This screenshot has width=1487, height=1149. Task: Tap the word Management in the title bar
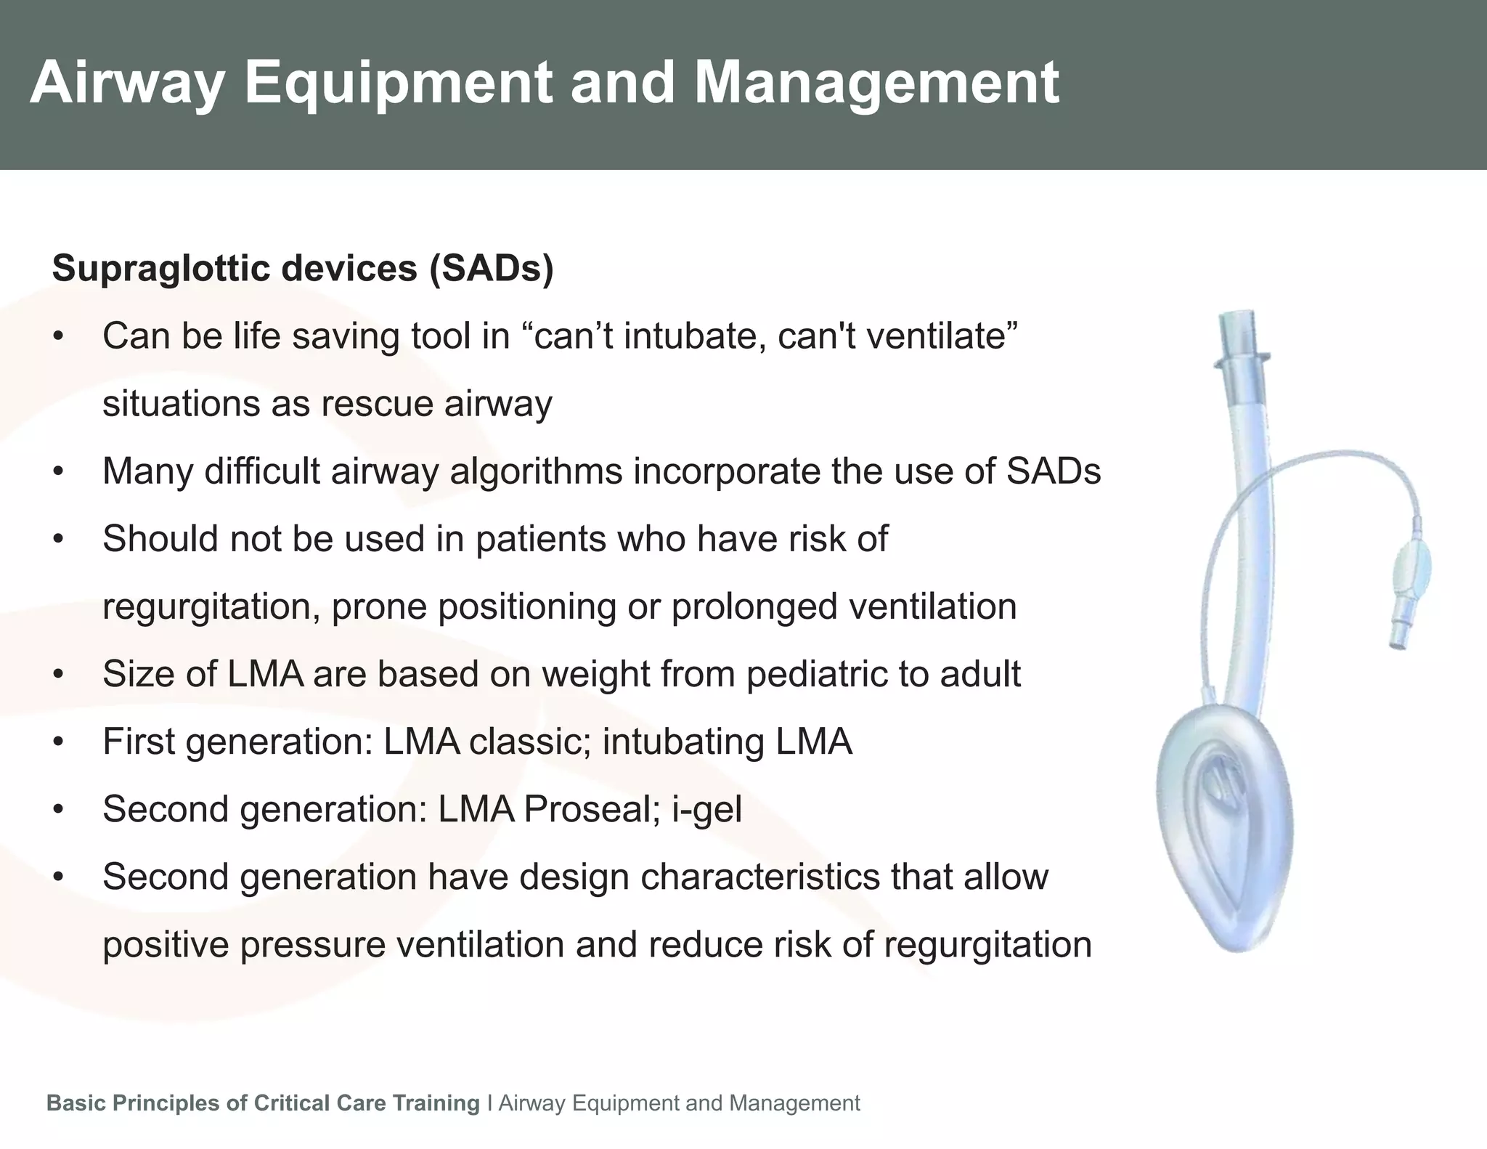(876, 84)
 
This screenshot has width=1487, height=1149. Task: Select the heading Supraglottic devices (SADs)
(303, 269)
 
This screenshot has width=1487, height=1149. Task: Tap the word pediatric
(816, 675)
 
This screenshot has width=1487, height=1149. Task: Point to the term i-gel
(706, 810)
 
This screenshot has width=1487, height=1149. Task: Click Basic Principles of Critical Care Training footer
(263, 1103)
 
